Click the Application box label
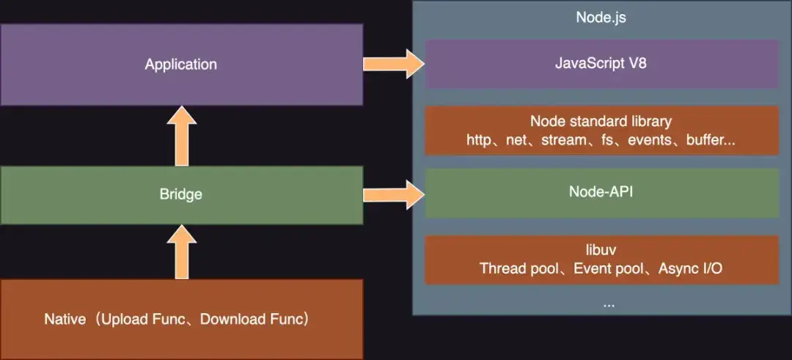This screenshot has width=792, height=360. pos(180,65)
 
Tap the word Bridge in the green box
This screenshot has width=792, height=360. pos(180,195)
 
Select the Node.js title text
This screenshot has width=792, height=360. pos(601,18)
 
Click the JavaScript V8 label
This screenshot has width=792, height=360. pos(601,64)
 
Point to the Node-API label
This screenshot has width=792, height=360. pos(601,194)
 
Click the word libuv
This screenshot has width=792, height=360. pos(601,251)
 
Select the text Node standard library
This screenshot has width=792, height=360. pos(601,121)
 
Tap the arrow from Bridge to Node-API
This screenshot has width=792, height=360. pos(394,194)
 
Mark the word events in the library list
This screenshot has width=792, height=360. pos(648,139)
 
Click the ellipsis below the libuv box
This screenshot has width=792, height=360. pos(608,302)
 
